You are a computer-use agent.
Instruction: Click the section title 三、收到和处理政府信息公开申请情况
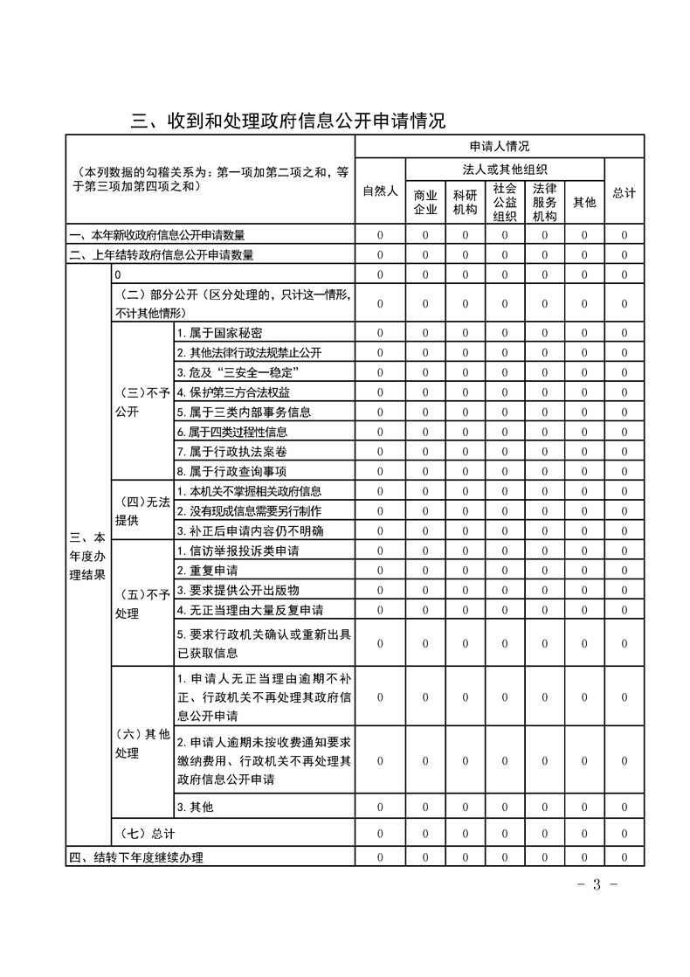[x=288, y=121]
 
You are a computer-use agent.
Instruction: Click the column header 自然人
[x=380, y=192]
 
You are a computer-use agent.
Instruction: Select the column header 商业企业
[x=425, y=202]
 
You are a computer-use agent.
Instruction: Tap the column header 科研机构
[x=465, y=202]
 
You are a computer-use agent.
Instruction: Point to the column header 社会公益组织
[x=504, y=202]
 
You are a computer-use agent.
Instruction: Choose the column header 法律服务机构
[x=544, y=202]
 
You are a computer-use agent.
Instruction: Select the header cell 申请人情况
[x=499, y=146]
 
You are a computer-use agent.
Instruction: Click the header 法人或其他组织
[x=505, y=169]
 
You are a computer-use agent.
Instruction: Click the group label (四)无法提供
[x=142, y=510]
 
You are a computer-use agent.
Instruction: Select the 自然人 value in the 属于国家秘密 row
[x=380, y=333]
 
